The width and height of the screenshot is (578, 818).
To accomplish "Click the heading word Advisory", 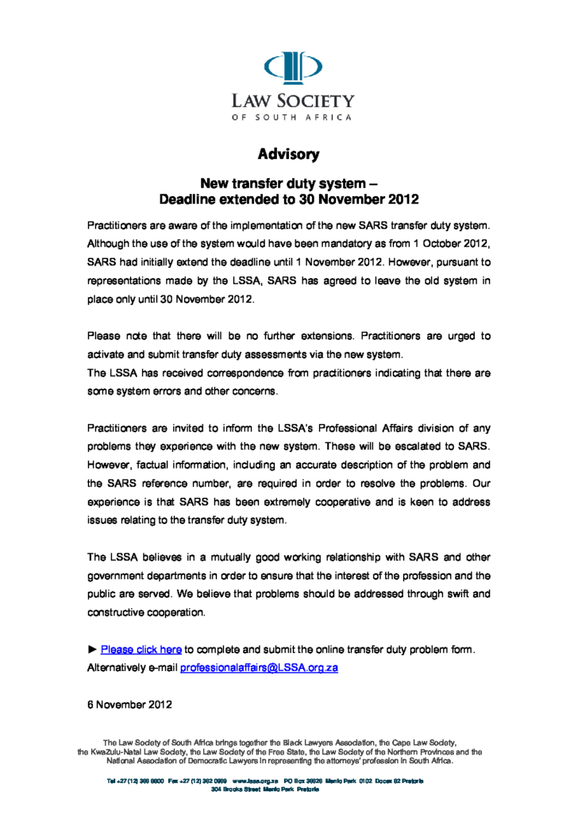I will [289, 153].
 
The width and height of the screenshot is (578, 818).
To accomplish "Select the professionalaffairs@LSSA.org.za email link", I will [259, 668].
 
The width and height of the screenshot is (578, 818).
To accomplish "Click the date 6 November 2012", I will [129, 704].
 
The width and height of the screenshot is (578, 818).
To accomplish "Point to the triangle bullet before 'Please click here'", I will [91, 650].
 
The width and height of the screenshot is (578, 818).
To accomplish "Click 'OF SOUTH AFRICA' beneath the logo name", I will [292, 118].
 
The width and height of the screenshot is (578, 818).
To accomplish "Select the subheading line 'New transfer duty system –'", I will [289, 184].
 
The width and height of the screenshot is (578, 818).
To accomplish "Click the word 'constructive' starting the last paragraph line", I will [118, 612].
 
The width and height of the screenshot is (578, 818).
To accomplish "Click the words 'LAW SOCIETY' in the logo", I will [292, 101].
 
